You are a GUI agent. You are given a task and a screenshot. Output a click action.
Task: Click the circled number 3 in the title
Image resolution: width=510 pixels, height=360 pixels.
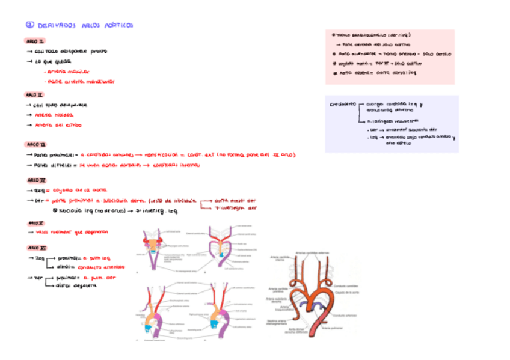pos(30,26)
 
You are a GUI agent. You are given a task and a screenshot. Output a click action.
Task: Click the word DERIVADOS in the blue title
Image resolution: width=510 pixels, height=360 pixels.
pos(55,26)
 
